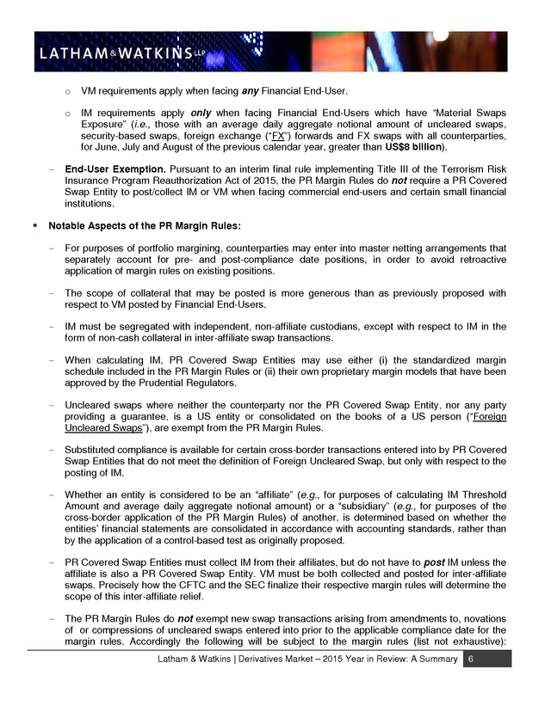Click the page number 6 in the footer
(470, 658)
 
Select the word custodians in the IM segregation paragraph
(343, 327)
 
